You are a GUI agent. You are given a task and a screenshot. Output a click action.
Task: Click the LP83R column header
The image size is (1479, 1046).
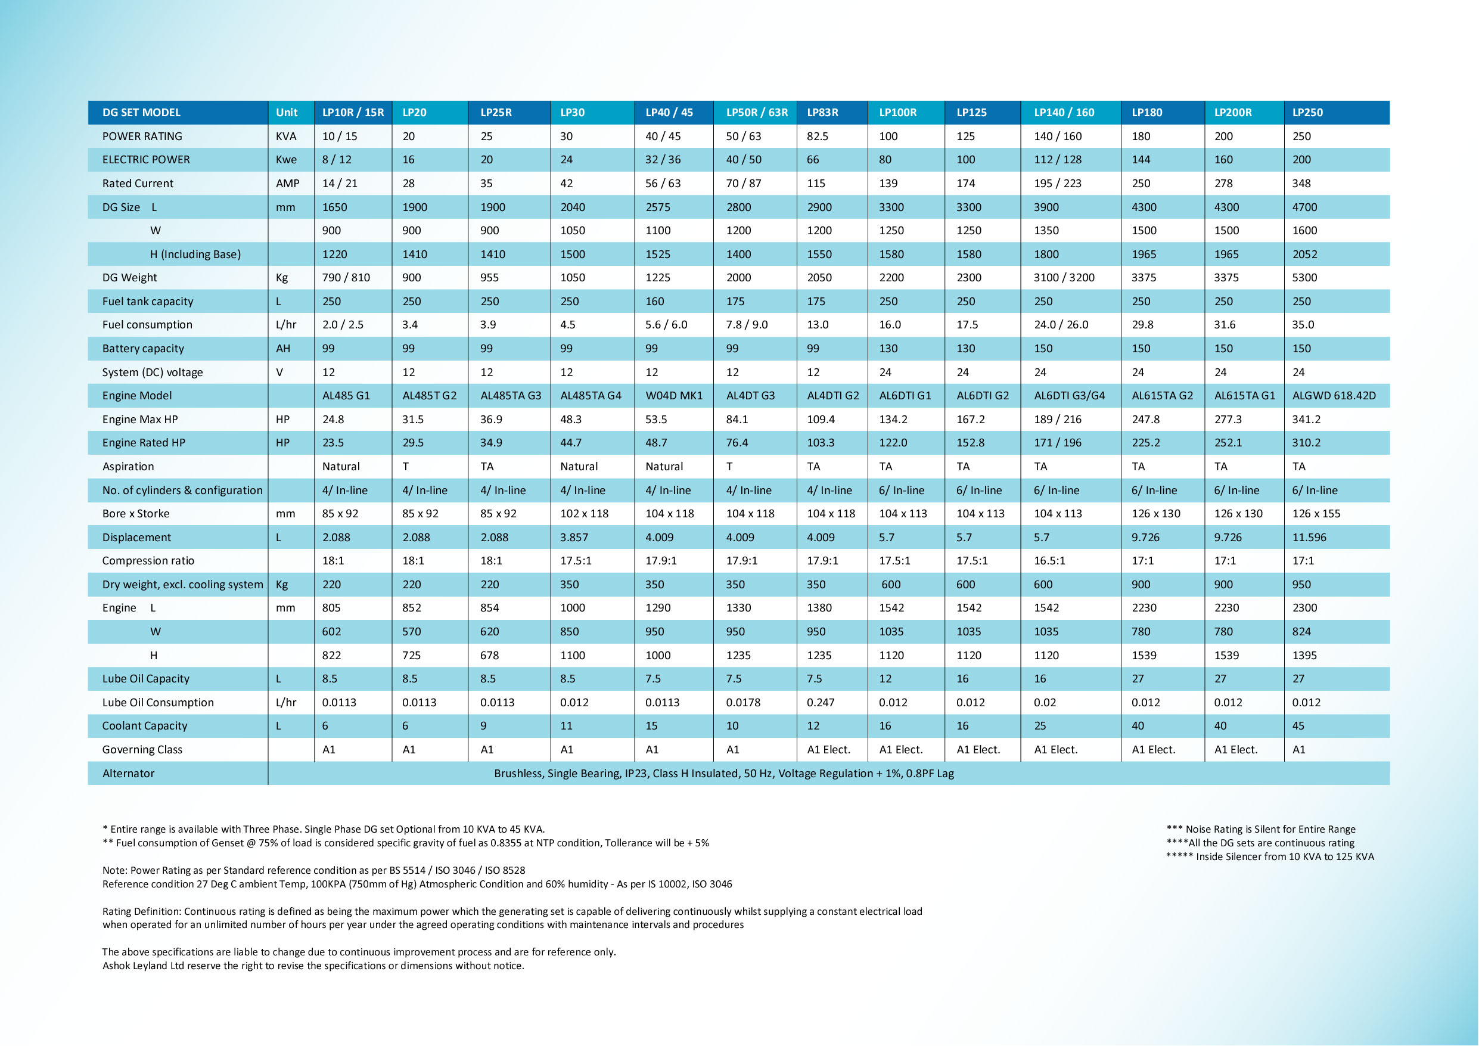822,113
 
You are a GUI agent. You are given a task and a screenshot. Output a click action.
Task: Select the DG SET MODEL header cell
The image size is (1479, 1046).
141,113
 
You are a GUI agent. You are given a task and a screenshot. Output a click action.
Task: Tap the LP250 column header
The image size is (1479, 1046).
1307,113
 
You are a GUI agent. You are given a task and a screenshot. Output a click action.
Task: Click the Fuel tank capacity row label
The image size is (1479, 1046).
148,302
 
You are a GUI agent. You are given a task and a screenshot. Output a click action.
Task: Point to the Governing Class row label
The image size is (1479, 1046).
142,750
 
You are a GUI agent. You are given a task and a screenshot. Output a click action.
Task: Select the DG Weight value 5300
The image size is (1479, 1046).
1304,278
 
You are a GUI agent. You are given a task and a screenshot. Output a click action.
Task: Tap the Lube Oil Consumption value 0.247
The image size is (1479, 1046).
820,703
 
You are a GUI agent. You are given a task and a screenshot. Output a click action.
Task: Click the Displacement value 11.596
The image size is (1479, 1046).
1309,538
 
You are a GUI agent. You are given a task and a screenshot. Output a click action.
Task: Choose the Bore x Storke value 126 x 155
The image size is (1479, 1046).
1316,514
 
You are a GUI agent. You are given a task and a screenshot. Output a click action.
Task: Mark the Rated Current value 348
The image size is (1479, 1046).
1301,184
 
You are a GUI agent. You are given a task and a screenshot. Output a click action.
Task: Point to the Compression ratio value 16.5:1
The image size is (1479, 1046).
1049,561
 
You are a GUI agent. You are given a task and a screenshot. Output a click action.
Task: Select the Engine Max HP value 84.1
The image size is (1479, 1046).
737,420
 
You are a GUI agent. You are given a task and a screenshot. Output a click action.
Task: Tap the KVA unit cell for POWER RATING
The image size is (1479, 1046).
286,136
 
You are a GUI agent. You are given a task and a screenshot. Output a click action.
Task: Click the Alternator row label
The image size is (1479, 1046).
128,774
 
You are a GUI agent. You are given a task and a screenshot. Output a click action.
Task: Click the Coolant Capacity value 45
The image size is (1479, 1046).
1298,726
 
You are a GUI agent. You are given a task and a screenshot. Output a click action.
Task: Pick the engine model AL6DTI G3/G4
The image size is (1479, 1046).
1069,396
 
